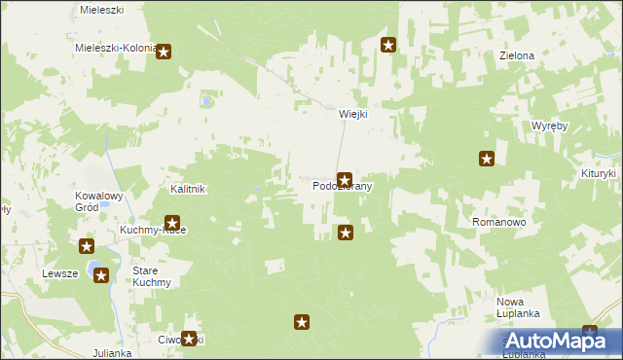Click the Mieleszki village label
pyautogui.click(x=101, y=8)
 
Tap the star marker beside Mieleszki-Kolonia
pyautogui.click(x=164, y=52)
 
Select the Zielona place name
pyautogui.click(x=517, y=55)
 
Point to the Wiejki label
pyautogui.click(x=352, y=113)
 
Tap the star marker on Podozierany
pyautogui.click(x=344, y=180)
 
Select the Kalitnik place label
pyautogui.click(x=187, y=189)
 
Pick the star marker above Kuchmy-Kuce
pyautogui.click(x=172, y=223)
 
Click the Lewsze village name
pyautogui.click(x=59, y=273)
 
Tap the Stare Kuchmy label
pyautogui.click(x=152, y=276)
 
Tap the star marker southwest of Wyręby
pyautogui.click(x=487, y=159)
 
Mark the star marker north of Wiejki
pyautogui.click(x=388, y=44)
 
